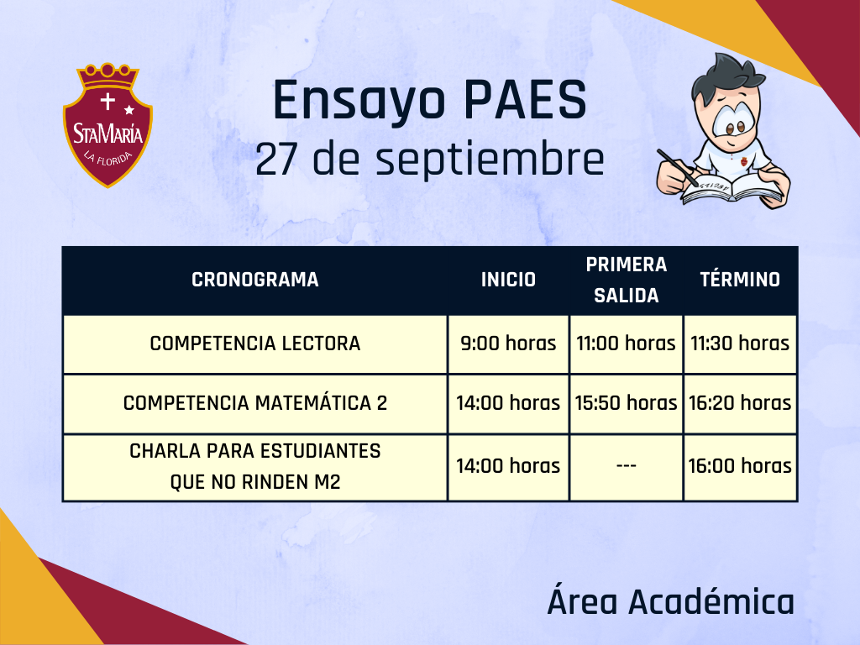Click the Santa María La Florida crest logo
(107, 125)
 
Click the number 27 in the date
(276, 159)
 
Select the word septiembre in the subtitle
(490, 160)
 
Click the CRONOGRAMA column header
(255, 280)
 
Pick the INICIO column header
(508, 280)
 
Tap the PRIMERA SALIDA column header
(627, 280)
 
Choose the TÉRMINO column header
(740, 279)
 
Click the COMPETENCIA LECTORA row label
(255, 343)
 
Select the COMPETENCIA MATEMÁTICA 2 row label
(255, 403)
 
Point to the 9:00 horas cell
(508, 343)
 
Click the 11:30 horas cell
(740, 343)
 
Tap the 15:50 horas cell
(627, 403)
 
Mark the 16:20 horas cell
(740, 403)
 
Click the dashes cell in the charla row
(627, 466)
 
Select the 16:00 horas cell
(740, 466)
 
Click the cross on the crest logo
(107, 101)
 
